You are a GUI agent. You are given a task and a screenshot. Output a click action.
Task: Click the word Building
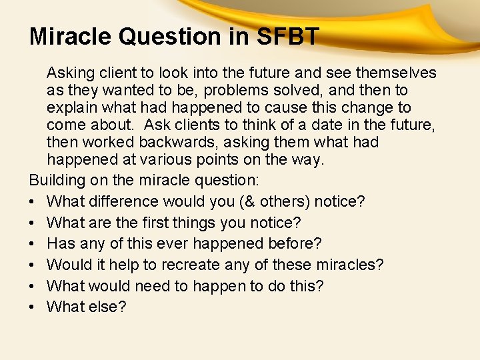click(56, 180)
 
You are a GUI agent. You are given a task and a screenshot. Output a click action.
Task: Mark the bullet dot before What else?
click(33, 307)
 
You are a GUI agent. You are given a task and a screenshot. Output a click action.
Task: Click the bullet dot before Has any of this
click(33, 243)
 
